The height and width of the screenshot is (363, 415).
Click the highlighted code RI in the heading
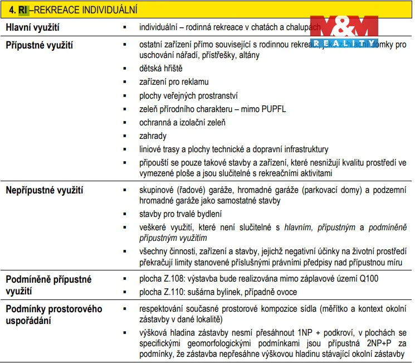(23, 10)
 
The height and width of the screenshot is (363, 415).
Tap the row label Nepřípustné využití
(45, 191)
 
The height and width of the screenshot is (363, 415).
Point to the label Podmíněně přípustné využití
(48, 284)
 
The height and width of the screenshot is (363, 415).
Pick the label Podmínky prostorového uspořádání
(53, 315)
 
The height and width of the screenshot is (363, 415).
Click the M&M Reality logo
(344, 32)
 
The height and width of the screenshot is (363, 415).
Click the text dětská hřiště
(160, 69)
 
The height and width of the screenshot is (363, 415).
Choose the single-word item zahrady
(153, 136)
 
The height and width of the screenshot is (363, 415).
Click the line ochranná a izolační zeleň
(182, 123)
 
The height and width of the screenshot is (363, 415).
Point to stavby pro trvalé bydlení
(180, 214)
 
